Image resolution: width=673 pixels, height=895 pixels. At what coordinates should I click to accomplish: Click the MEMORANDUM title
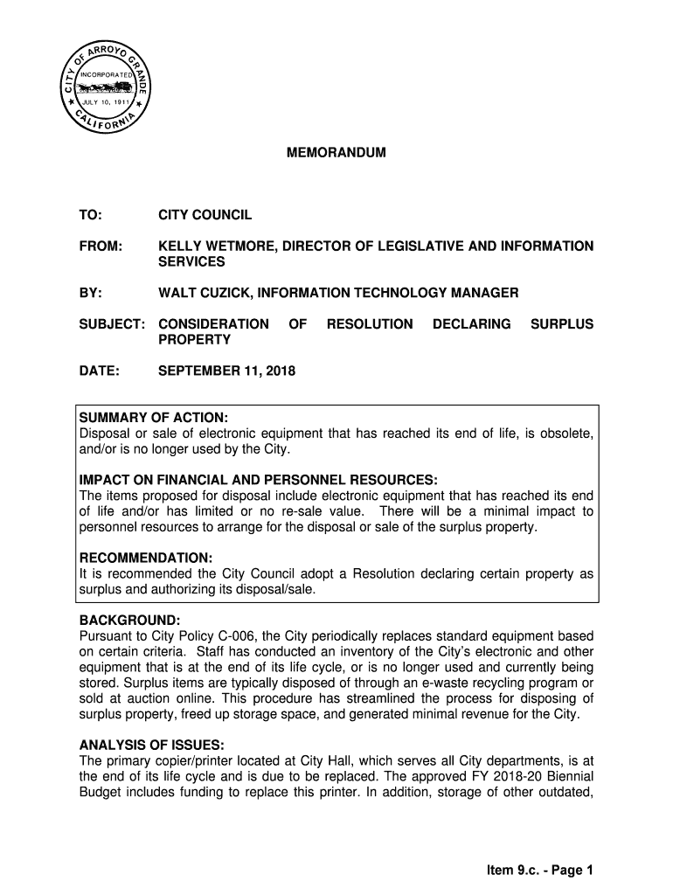pos(336,153)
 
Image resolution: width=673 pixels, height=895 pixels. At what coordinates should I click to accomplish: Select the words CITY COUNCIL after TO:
pos(205,215)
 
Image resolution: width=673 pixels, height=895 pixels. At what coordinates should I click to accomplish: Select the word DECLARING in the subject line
pos(472,324)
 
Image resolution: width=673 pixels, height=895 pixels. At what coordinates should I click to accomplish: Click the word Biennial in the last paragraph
pos(566,776)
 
